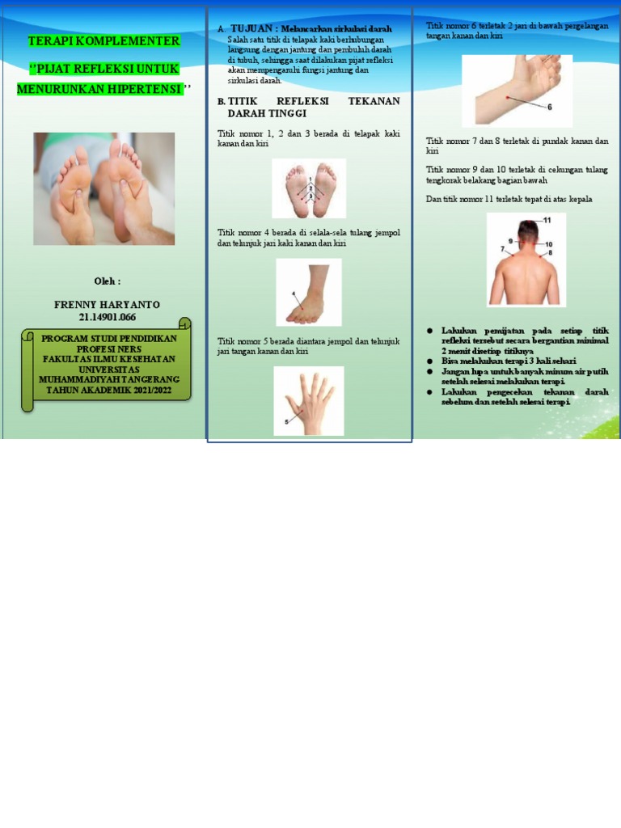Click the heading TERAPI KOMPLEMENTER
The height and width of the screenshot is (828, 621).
tap(103, 41)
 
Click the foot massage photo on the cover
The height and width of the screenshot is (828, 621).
tap(103, 188)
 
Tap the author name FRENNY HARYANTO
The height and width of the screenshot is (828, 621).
tap(107, 305)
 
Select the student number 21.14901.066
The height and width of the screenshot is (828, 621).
tap(107, 317)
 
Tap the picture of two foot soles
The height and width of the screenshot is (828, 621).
tap(309, 188)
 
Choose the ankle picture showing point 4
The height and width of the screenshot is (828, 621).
tap(309, 292)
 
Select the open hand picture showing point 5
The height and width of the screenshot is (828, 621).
tap(309, 400)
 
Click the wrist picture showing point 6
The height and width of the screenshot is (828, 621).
tap(517, 90)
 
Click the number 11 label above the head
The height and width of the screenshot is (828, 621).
tap(547, 220)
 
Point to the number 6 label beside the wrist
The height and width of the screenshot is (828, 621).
tap(550, 107)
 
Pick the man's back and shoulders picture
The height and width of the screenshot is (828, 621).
tap(526, 260)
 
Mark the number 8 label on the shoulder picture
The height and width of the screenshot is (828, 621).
tap(549, 253)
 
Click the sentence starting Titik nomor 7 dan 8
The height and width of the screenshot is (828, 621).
tap(517, 146)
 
